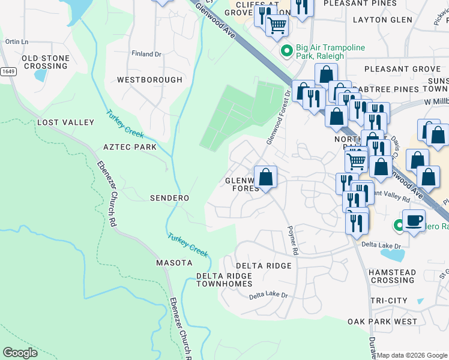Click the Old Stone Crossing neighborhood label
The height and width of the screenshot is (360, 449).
(x=46, y=62)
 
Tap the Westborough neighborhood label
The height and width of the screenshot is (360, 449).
(x=149, y=80)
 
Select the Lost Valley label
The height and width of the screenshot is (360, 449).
(x=65, y=122)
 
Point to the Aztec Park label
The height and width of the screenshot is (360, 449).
(x=130, y=147)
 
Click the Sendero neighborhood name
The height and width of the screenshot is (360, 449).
(x=169, y=198)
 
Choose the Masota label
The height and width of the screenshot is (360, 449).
(x=174, y=263)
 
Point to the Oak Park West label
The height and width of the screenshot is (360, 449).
(x=382, y=322)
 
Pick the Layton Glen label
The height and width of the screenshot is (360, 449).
(x=382, y=20)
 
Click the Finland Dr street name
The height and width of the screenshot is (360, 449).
(x=147, y=54)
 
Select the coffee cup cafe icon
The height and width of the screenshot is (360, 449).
(x=414, y=220)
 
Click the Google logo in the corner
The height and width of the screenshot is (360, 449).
(x=20, y=353)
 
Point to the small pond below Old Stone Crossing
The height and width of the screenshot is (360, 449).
(x=40, y=76)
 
